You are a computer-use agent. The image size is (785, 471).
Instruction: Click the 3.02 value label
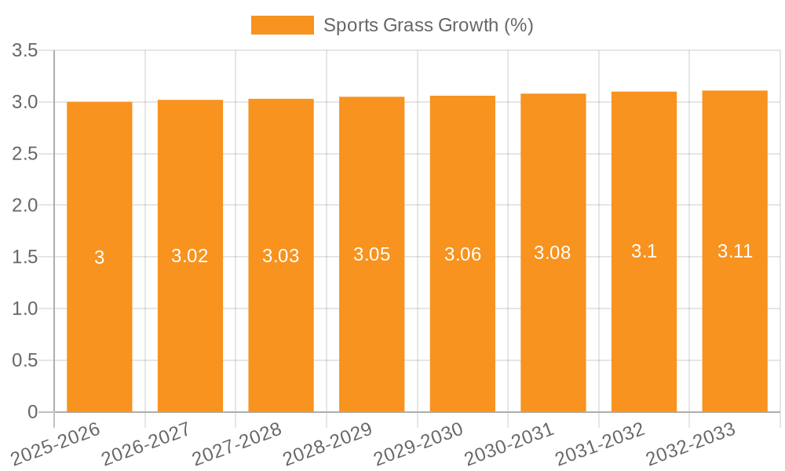tap(190, 256)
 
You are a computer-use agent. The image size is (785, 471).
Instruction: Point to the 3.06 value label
tap(462, 255)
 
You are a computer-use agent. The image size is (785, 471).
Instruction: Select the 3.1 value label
tap(644, 251)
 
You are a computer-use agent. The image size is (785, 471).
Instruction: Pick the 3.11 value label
tap(735, 251)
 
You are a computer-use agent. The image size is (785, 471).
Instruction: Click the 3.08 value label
tap(553, 253)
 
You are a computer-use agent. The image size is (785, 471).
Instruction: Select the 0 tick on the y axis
tap(32, 412)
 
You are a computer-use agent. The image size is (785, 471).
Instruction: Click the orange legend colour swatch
tap(282, 25)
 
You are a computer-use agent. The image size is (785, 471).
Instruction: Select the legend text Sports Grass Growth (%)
tap(428, 25)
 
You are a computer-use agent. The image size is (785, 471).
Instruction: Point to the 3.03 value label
tap(281, 256)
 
